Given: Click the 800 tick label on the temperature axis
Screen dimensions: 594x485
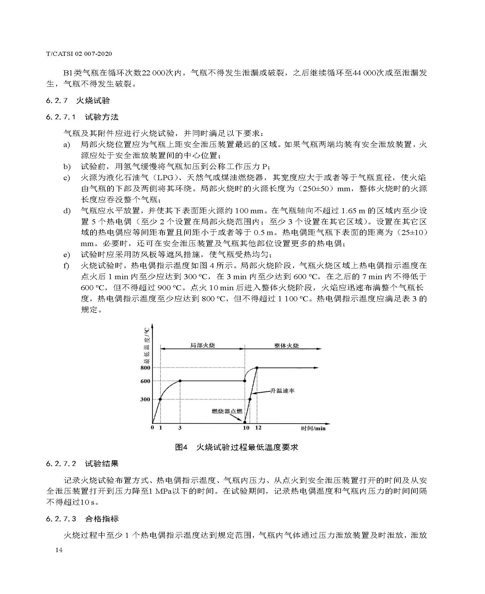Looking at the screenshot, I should [x=145, y=368].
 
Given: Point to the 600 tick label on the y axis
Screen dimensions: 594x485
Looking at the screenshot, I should [x=145, y=381].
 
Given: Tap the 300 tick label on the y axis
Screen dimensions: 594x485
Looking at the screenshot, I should [x=145, y=399].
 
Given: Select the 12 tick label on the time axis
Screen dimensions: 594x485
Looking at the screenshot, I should [x=258, y=428].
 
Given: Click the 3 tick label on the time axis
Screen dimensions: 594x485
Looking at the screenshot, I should [x=180, y=428].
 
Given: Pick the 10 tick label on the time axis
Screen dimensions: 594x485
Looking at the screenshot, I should [x=246, y=428].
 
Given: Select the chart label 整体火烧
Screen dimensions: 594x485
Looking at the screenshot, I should [x=286, y=345].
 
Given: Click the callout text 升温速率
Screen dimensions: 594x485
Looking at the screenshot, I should [x=282, y=391].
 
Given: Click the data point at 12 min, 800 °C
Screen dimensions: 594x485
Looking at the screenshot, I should [x=257, y=368].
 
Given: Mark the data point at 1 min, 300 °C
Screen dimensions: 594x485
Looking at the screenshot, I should [x=161, y=399].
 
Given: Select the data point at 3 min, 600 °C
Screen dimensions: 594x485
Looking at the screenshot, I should [x=180, y=381].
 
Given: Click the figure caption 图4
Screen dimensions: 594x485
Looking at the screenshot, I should [x=181, y=447].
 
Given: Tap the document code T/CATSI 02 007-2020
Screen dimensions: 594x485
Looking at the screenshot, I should [x=79, y=54].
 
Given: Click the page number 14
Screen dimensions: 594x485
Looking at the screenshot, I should [x=59, y=550].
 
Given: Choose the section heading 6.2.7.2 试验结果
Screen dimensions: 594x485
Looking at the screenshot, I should [x=82, y=464].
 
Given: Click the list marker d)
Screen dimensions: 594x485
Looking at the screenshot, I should [x=67, y=211].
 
